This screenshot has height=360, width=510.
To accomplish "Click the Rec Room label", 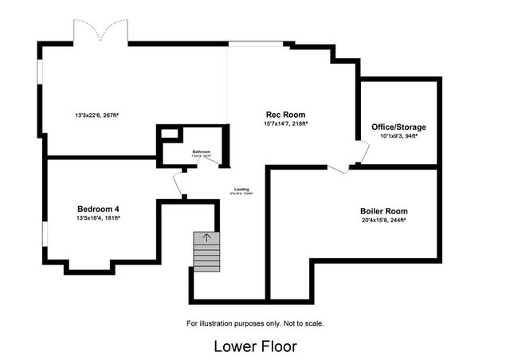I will (285, 115).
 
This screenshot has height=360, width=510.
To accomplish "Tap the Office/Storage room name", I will (398, 127).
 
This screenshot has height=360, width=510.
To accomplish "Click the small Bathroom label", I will (202, 151).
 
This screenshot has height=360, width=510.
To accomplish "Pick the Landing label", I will (241, 189).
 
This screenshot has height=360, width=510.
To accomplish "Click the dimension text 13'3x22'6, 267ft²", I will (102, 116).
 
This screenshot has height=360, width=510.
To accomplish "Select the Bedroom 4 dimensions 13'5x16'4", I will (99, 217).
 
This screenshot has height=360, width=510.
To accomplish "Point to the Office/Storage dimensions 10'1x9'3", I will (398, 135).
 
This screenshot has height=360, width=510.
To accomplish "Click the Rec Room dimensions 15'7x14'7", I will (285, 123).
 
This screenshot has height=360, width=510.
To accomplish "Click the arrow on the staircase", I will (207, 237).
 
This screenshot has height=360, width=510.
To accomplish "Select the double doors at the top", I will (100, 32).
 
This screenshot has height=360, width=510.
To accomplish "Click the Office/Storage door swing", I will (363, 151).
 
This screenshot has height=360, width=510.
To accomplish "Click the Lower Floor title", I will (255, 346).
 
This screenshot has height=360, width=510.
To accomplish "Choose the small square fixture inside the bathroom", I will (170, 134).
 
